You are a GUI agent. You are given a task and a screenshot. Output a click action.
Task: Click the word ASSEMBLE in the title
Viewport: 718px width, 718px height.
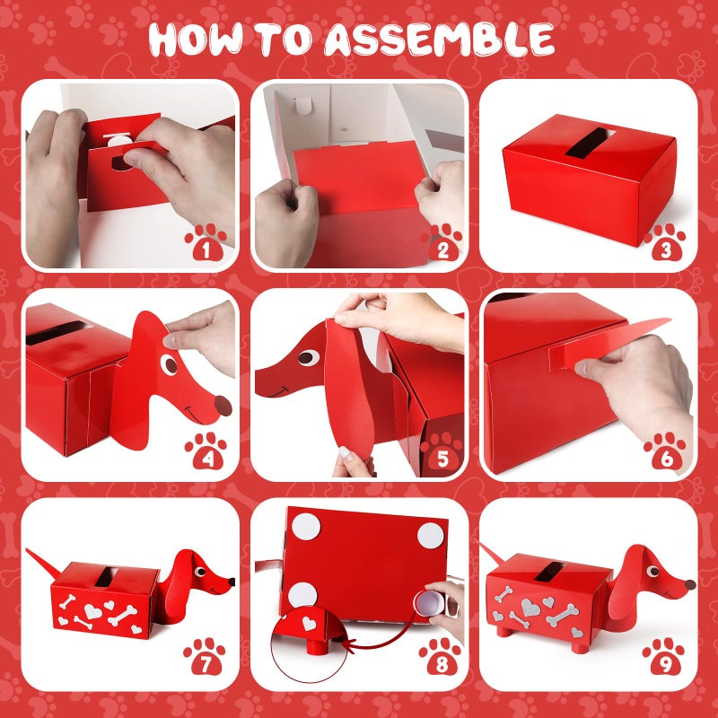coord(439,39)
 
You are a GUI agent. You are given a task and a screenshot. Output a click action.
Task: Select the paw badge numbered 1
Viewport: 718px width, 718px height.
coord(206,242)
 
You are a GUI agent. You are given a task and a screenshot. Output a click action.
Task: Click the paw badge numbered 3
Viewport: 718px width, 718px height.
coord(664,242)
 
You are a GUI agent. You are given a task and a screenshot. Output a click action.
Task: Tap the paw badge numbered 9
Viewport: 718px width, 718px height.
coord(663,656)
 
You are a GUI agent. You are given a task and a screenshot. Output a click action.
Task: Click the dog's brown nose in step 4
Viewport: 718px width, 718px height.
coord(223,406)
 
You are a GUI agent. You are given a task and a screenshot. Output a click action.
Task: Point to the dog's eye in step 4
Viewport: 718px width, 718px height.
coord(169,365)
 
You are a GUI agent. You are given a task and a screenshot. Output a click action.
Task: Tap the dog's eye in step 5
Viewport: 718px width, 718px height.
coord(308,357)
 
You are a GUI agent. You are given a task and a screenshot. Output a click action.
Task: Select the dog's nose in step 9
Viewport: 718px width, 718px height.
coord(690,584)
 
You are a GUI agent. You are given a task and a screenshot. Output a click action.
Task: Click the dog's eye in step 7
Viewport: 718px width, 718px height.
coord(200,572)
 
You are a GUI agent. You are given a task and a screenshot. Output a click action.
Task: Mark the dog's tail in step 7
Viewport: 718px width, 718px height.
coord(43,560)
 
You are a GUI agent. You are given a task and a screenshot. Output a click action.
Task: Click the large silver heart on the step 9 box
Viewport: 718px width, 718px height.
coord(530,608)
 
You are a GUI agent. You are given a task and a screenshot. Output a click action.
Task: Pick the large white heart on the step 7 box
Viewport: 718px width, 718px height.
coord(93,611)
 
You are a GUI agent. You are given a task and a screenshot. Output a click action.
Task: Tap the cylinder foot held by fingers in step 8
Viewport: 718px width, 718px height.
coord(429,602)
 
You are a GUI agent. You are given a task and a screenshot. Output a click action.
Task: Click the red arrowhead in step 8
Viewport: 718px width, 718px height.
coord(348,645)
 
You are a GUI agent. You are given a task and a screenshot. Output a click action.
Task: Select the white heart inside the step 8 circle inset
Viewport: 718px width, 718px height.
coord(309,623)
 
